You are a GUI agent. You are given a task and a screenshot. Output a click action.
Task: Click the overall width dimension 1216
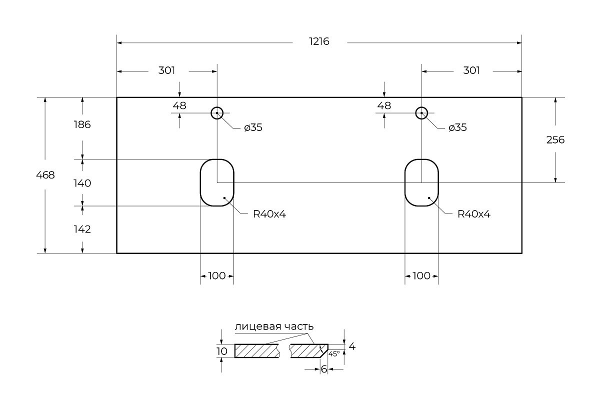tap(319, 42)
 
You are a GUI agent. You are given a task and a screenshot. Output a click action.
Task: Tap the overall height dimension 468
tap(45, 175)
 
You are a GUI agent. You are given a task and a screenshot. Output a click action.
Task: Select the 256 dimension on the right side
tap(555, 140)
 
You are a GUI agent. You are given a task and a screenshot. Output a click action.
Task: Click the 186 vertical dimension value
tap(82, 124)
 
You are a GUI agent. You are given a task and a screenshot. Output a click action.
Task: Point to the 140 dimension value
tap(82, 183)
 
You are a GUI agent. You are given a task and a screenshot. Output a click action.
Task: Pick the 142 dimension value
tap(82, 229)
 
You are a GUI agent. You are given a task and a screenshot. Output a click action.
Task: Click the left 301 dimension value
tap(166, 70)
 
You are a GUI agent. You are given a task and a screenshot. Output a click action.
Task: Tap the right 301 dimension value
tap(471, 70)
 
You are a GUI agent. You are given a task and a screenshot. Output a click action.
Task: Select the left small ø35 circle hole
tap(217, 113)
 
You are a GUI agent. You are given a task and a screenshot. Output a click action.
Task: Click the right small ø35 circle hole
tap(422, 113)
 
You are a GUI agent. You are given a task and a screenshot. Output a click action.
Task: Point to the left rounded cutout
tap(217, 182)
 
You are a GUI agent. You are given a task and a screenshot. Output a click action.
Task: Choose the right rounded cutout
tap(421, 182)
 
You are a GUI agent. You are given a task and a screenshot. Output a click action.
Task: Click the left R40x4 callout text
tap(269, 214)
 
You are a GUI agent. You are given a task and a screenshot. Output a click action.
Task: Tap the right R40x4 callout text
tap(474, 214)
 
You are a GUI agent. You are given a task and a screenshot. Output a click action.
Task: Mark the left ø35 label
tap(253, 128)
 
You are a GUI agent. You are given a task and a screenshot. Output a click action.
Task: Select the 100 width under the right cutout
tap(421, 276)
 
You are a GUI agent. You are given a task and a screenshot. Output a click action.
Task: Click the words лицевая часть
tap(274, 326)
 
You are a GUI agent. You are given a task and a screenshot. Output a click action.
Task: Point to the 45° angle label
tap(334, 353)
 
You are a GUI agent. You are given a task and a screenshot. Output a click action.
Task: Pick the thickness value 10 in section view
tap(222, 351)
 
